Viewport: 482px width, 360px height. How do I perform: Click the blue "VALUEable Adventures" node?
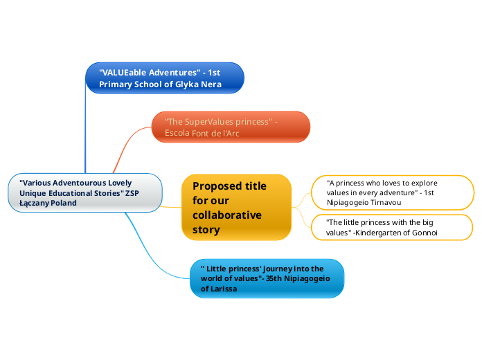point(164,78)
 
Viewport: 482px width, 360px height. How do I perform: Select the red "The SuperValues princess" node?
point(231,127)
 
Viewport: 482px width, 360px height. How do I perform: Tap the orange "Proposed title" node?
point(236,207)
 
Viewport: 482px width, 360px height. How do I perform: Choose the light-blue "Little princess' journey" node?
point(267,278)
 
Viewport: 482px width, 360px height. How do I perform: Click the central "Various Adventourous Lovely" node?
point(85,192)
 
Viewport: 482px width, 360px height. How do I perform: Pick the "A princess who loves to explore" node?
point(393,192)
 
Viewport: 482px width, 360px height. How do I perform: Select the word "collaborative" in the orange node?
point(226,215)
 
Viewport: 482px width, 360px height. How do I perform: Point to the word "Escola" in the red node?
point(177,133)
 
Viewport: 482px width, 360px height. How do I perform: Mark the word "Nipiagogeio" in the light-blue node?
point(305,278)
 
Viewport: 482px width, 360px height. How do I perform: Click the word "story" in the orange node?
point(206,229)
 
